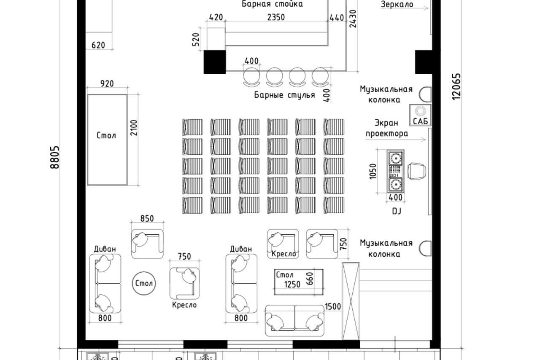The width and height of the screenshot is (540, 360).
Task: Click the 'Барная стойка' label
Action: pyautogui.click(x=272, y=5)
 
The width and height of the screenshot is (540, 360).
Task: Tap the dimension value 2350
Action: pyautogui.click(x=276, y=17)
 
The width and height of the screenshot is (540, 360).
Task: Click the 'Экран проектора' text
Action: pyautogui.click(x=386, y=128)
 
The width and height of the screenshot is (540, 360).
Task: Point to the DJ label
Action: pyautogui.click(x=396, y=211)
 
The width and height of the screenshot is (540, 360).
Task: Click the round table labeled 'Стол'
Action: pyautogui.click(x=144, y=283)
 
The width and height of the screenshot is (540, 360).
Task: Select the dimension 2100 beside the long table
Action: pyautogui.click(x=134, y=129)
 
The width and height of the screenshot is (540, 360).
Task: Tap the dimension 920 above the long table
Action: pyautogui.click(x=107, y=83)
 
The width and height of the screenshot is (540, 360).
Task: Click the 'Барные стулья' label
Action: pyautogui.click(x=284, y=95)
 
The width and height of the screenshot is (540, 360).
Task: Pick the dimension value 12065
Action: pyautogui.click(x=456, y=86)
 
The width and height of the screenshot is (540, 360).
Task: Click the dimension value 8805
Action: pyautogui.click(x=55, y=157)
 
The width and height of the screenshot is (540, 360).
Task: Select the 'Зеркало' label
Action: pyautogui.click(x=397, y=5)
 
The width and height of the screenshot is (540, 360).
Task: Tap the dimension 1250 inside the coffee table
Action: pyautogui.click(x=292, y=284)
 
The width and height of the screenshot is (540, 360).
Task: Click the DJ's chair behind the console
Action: pyautogui.click(x=417, y=171)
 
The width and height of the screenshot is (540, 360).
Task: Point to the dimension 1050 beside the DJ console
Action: pyautogui.click(x=373, y=171)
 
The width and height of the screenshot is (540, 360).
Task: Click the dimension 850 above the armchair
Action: pyautogui.click(x=147, y=218)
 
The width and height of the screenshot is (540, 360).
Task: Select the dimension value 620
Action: pyautogui.click(x=98, y=45)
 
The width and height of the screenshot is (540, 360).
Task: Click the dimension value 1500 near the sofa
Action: pyautogui.click(x=333, y=306)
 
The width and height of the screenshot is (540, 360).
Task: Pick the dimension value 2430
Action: pyautogui.click(x=353, y=19)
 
